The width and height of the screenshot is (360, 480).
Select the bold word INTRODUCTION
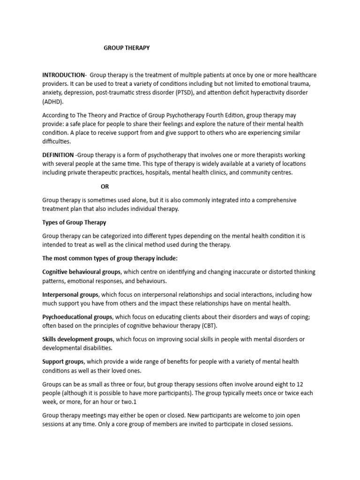(x=64, y=75)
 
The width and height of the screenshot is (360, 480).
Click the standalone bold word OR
(x=105, y=186)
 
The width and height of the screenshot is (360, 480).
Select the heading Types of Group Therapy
(x=74, y=222)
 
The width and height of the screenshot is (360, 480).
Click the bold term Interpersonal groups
(x=70, y=294)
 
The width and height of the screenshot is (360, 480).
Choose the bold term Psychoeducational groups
(x=77, y=317)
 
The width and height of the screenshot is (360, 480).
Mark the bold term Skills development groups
(x=78, y=339)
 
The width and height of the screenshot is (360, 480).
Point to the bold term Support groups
(x=63, y=361)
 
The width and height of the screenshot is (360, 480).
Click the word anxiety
(x=52, y=93)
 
